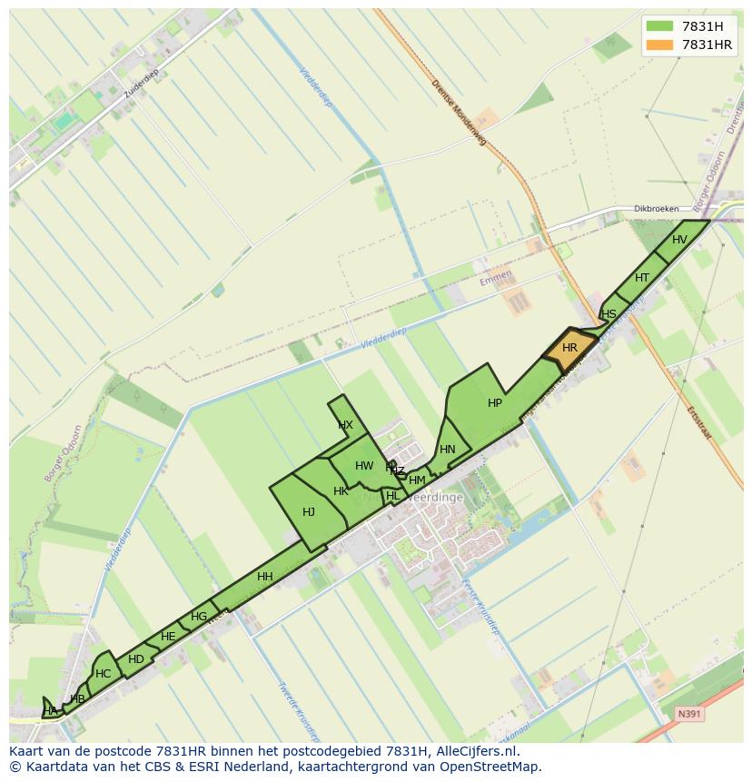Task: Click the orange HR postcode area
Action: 569,349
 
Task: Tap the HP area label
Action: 495,403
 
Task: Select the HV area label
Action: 679,240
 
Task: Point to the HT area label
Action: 642,278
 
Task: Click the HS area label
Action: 609,314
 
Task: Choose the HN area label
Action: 448,450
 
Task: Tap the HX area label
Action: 345,425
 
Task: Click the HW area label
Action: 364,466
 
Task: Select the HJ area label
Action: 309,512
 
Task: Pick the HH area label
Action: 265,577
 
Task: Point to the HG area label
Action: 199,617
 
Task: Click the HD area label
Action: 136,659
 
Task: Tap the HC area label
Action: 103,674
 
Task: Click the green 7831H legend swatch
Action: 659,25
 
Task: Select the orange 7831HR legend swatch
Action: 659,45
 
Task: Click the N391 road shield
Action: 689,715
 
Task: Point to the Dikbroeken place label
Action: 657,209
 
